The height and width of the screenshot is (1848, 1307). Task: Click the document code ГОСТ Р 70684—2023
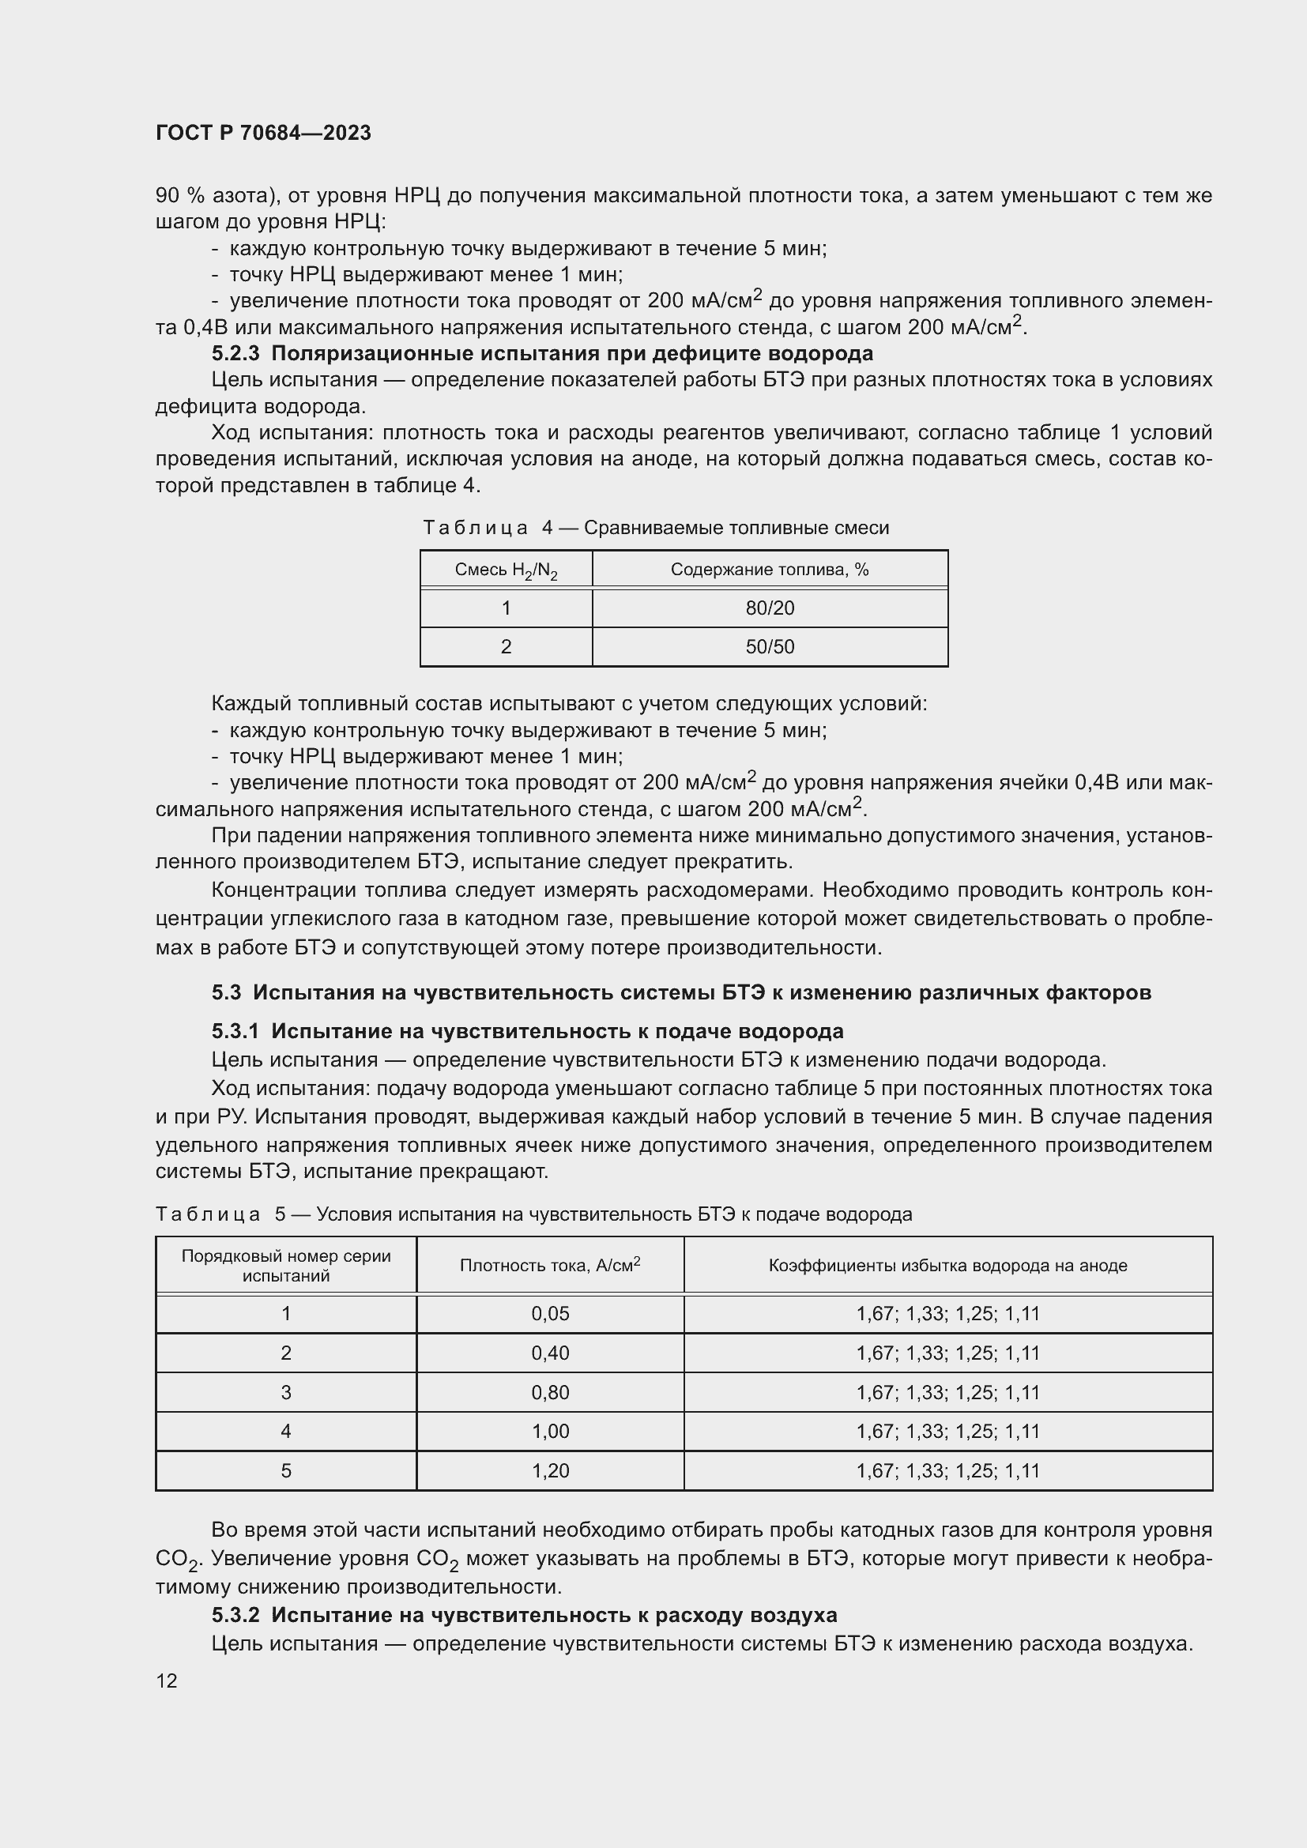(263, 133)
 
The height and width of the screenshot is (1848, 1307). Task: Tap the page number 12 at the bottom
(167, 1681)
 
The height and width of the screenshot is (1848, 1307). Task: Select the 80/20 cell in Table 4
(770, 608)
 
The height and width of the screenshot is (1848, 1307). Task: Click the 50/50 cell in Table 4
(770, 647)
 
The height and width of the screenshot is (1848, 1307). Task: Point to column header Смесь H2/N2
(506, 570)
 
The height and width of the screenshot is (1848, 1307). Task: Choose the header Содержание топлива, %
(770, 570)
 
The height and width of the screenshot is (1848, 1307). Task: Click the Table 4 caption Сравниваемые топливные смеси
(736, 528)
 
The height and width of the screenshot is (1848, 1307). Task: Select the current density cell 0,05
(550, 1314)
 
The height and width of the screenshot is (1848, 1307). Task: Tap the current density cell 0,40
(550, 1353)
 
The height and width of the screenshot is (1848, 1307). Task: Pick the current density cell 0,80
(550, 1392)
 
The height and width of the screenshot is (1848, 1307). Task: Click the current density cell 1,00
(550, 1431)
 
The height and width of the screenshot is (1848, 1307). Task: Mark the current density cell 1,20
(550, 1470)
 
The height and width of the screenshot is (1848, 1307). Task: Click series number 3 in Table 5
(286, 1392)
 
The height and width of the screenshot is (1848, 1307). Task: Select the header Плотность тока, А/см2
(550, 1265)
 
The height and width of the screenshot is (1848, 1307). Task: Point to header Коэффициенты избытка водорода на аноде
(947, 1265)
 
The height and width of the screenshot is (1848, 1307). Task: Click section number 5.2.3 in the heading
(235, 353)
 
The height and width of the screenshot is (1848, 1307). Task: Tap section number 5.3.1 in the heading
(235, 1031)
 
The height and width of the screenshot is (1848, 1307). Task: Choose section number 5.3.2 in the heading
(235, 1615)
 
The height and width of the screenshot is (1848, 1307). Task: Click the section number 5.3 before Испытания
(226, 992)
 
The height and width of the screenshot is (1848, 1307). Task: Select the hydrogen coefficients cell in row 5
(947, 1470)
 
